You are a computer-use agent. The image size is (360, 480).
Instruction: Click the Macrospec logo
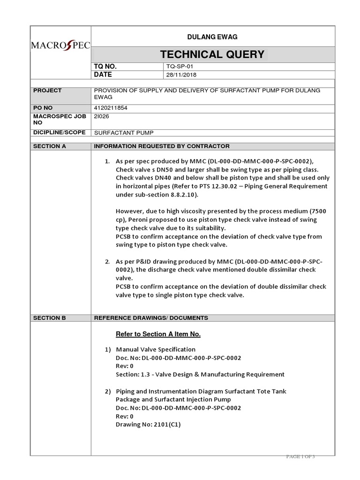click(x=60, y=46)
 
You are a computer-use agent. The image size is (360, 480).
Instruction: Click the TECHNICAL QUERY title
click(x=212, y=54)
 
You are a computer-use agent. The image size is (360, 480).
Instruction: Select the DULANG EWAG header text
click(x=212, y=37)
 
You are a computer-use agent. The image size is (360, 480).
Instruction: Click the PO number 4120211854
click(x=111, y=108)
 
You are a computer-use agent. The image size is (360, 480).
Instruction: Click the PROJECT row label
click(x=47, y=90)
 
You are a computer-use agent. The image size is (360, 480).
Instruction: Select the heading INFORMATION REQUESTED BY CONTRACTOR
click(x=162, y=146)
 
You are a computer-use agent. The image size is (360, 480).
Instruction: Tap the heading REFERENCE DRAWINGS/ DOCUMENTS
click(x=151, y=318)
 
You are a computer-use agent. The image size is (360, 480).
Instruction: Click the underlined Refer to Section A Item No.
click(x=158, y=334)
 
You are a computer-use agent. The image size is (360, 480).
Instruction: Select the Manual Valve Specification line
click(x=156, y=349)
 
